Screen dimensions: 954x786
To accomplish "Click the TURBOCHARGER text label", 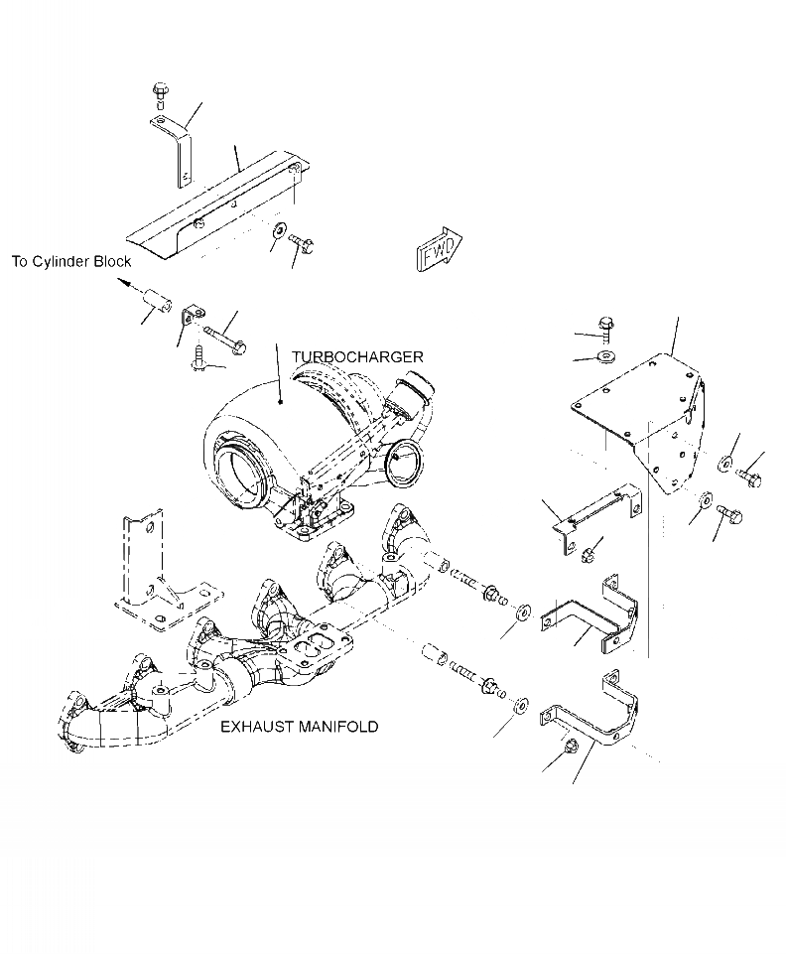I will coord(357,356).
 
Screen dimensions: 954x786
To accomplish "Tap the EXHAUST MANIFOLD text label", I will coord(299,727).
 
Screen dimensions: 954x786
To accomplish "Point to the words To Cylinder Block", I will coord(71,262).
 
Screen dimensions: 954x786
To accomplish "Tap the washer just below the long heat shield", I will coord(274,232).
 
